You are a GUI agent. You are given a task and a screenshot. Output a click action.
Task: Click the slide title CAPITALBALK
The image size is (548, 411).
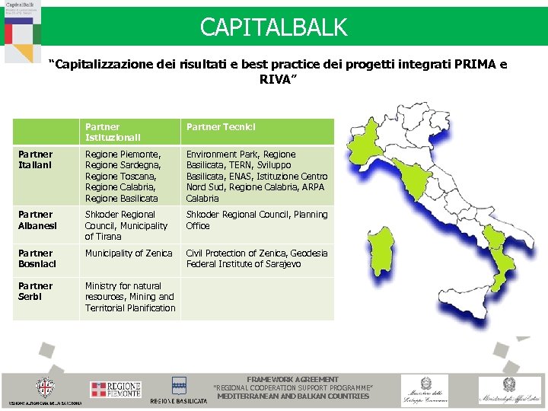click(273, 27)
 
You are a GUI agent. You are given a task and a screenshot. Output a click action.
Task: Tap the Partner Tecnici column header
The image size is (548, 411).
click(221, 126)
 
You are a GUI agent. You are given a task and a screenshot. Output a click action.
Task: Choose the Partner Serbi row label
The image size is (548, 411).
click(35, 292)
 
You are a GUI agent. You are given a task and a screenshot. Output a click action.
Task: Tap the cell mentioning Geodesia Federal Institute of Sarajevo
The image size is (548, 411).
click(256, 259)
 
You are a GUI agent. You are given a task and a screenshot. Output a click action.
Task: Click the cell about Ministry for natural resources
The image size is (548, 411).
click(129, 297)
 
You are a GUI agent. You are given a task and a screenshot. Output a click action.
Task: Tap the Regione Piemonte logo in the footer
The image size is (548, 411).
click(116, 390)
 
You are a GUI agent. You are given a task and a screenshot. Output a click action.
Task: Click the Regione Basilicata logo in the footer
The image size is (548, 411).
click(179, 390)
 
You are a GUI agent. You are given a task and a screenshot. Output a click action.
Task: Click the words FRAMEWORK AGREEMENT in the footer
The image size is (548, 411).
click(293, 379)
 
